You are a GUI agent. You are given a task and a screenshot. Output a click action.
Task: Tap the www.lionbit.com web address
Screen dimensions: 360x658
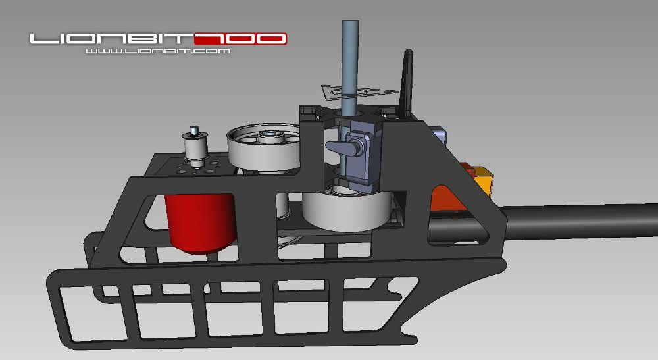157,51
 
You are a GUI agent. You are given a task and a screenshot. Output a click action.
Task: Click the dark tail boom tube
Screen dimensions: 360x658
579,221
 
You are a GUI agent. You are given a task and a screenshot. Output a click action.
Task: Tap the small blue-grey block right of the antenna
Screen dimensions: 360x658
440,136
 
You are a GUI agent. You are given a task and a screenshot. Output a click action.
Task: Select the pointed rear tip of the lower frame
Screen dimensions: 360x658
503,263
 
